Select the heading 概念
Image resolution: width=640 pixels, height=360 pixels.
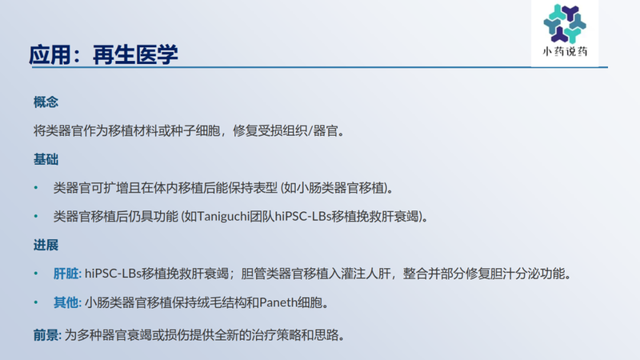[x=46, y=102]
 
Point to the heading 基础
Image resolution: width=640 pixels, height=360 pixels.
[x=46, y=159]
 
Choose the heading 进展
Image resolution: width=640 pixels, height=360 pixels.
[x=46, y=245]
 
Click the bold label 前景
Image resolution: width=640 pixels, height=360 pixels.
[x=46, y=333]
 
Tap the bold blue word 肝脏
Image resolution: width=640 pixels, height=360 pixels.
[x=66, y=274]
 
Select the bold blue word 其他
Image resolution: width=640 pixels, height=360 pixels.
[x=66, y=302]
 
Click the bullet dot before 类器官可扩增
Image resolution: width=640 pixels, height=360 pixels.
[x=35, y=188]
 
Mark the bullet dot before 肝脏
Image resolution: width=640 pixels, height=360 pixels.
[x=35, y=274]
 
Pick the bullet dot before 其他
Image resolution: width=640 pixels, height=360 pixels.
[x=35, y=302]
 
